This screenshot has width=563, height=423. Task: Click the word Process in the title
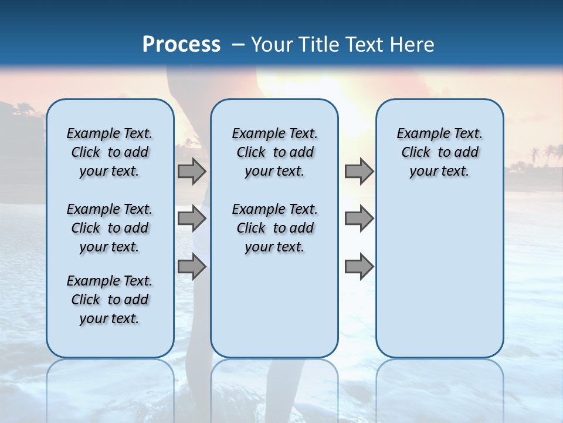[x=181, y=44]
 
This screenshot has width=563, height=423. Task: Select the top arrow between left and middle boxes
[x=192, y=171]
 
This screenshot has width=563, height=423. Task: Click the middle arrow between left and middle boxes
[x=192, y=219]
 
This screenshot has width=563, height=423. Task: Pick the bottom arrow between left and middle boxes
[x=192, y=266]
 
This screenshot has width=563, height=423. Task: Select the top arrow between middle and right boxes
[x=359, y=171]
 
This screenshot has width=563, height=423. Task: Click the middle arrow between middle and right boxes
[x=359, y=219]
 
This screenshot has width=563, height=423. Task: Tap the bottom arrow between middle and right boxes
[x=359, y=266]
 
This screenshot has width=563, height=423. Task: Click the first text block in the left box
[x=110, y=152]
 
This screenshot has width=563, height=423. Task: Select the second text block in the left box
[x=110, y=228]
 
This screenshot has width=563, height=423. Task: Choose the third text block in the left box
[x=110, y=300]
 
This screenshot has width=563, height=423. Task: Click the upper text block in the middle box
[x=274, y=152]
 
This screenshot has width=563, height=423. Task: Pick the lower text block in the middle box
[x=274, y=228]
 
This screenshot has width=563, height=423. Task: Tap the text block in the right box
[x=439, y=152]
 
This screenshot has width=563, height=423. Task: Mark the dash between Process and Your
[x=238, y=45]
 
